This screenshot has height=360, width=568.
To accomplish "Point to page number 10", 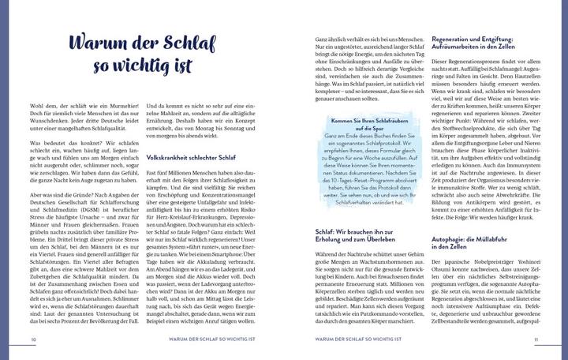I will pyautogui.click(x=34, y=340).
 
